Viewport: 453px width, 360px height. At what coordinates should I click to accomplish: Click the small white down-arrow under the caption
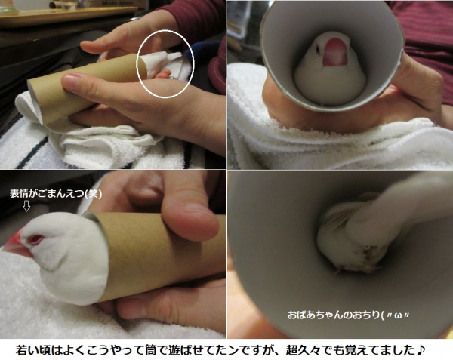click(x=26, y=206)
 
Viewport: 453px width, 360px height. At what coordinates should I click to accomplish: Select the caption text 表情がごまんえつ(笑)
click(x=56, y=194)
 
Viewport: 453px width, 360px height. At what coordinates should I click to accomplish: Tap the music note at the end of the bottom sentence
click(x=421, y=350)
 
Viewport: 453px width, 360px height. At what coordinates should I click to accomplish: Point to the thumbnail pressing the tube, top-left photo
click(x=70, y=78)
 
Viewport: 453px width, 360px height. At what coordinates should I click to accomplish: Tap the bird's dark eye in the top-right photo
click(x=318, y=50)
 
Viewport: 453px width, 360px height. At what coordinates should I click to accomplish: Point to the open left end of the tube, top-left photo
click(x=36, y=103)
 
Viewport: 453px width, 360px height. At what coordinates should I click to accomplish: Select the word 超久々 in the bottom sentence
click(x=302, y=350)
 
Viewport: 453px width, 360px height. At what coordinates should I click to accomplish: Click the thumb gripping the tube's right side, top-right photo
click(x=416, y=78)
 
